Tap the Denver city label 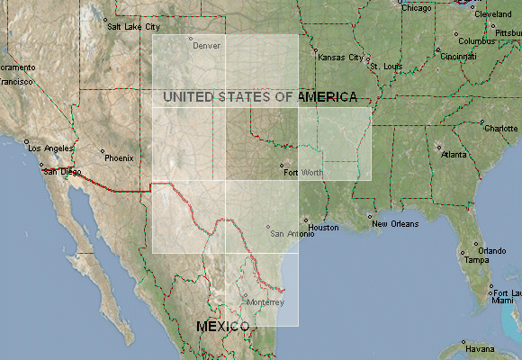(206, 45)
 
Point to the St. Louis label (386, 67)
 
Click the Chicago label (417, 9)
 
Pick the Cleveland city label (493, 15)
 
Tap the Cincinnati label (458, 57)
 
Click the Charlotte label (500, 129)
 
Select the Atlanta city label (454, 155)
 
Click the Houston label (323, 228)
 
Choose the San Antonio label (292, 234)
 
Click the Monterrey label (265, 302)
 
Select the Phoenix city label (118, 157)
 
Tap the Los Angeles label (49, 148)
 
